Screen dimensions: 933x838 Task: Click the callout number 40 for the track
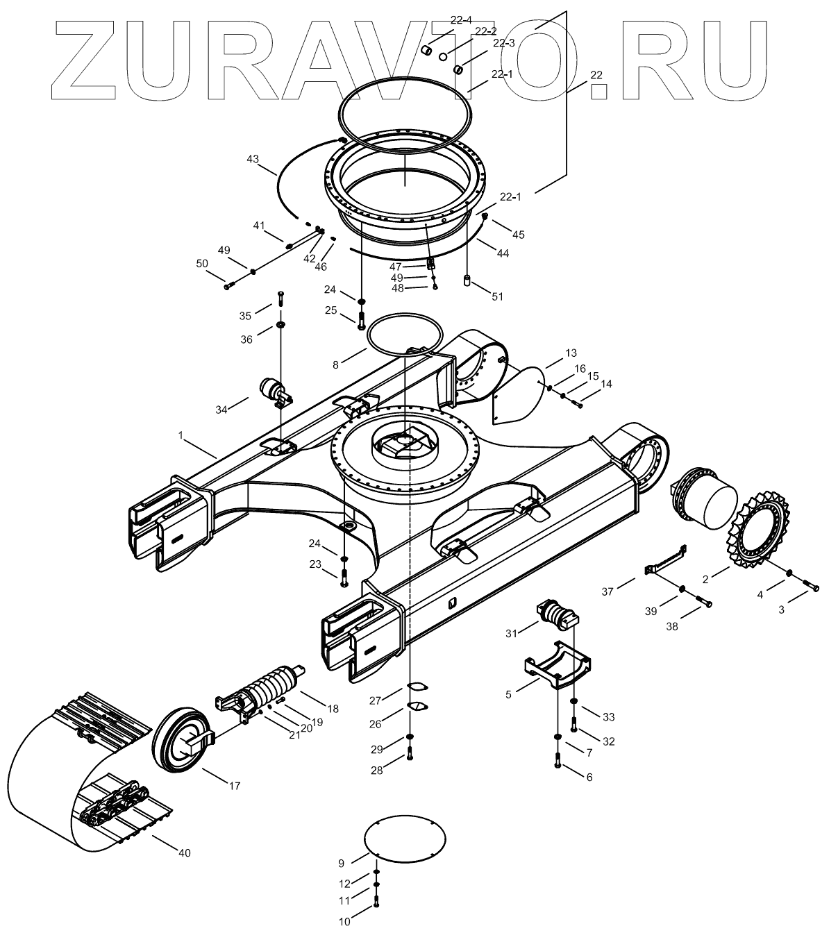click(x=183, y=852)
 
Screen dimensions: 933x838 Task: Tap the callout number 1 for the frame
click(x=181, y=435)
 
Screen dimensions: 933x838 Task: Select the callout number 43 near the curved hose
click(x=253, y=159)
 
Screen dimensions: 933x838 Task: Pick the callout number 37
click(x=608, y=591)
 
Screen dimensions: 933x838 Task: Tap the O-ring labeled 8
click(x=405, y=333)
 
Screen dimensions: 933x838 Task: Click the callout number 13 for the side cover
click(x=571, y=353)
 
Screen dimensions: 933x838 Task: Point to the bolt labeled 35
click(x=280, y=300)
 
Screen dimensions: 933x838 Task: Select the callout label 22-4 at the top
click(x=460, y=20)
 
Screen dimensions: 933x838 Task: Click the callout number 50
click(x=202, y=263)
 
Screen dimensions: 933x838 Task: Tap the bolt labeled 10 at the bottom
click(x=376, y=902)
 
